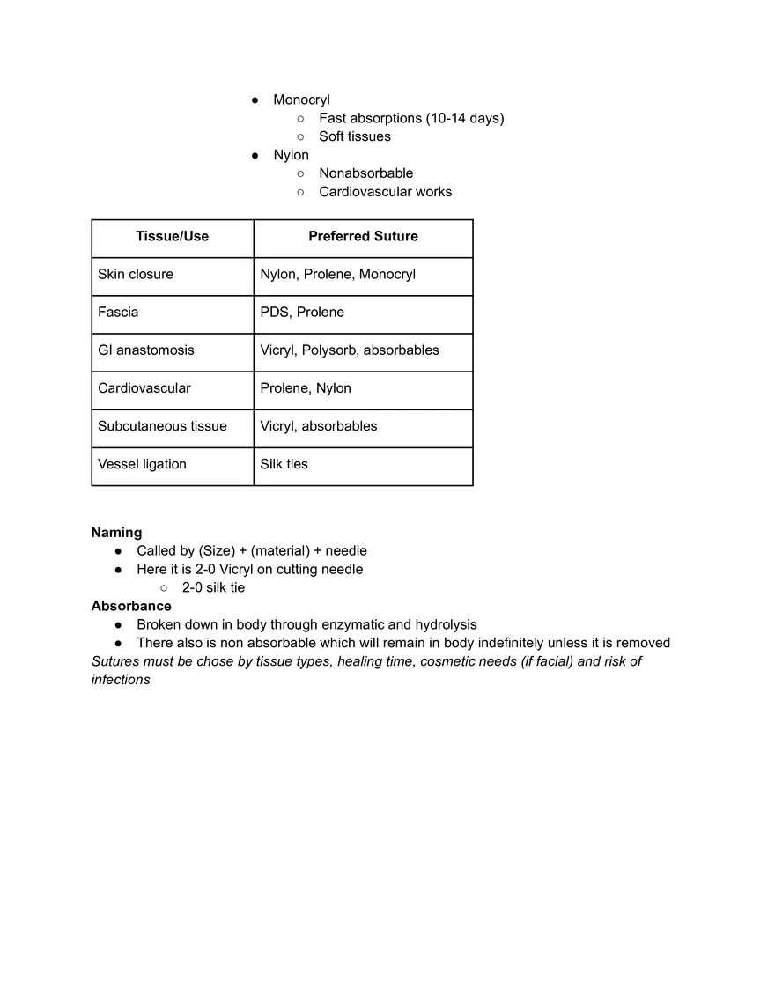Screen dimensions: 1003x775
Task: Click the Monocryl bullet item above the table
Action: point(301,100)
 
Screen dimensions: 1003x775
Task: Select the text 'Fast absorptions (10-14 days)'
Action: point(411,118)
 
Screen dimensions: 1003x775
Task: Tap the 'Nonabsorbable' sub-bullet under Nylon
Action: point(365,173)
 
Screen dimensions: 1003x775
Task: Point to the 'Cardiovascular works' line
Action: point(385,192)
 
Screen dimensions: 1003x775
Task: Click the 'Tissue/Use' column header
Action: point(172,236)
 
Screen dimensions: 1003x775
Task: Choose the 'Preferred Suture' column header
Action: point(363,236)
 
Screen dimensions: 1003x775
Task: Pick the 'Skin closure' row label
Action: point(136,274)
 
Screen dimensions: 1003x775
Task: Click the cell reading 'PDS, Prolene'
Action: point(302,312)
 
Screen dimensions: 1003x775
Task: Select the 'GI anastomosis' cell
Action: point(146,350)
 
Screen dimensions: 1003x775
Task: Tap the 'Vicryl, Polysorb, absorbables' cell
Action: point(350,350)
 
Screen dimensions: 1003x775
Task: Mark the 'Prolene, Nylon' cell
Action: point(306,387)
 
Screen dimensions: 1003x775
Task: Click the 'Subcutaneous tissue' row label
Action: point(162,425)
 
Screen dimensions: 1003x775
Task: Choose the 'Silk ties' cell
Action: point(284,464)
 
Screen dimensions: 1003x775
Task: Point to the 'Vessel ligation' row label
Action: point(142,464)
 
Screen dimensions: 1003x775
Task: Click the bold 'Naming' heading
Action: point(116,532)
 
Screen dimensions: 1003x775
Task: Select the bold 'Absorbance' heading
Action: point(131,606)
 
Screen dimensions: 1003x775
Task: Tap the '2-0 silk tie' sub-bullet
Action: point(213,587)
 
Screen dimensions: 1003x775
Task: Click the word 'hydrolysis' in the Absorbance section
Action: point(446,624)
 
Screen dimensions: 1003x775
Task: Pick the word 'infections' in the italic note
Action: point(121,680)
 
